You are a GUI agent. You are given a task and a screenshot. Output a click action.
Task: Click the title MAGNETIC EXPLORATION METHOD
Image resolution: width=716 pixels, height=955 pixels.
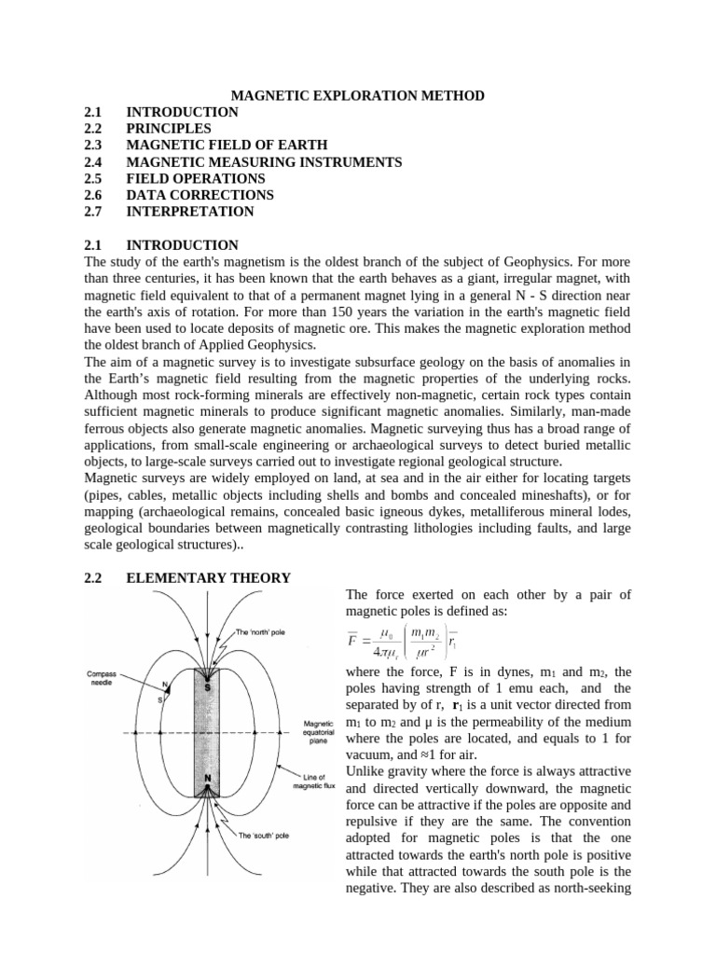pos(357,95)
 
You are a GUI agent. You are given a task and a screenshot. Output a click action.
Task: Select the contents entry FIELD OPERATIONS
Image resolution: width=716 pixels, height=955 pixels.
pos(196,178)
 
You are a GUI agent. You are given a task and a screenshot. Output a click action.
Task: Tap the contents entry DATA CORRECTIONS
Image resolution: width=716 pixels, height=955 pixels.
pos(200,195)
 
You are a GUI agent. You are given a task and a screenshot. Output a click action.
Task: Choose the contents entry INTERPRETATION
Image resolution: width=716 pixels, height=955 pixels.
pos(190,212)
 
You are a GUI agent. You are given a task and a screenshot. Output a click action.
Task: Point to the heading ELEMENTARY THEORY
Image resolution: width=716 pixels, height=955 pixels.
pos(208,578)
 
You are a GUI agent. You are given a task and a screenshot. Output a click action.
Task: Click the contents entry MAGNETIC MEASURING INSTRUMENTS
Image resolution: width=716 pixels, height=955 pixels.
pos(264,161)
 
